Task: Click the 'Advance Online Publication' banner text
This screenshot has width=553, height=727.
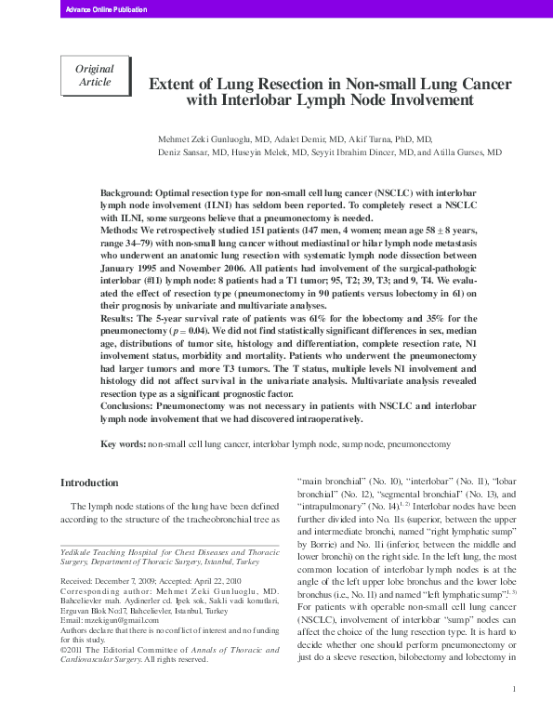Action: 99,8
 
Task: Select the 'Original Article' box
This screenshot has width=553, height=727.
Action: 94,75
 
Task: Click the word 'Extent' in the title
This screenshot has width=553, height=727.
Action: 175,85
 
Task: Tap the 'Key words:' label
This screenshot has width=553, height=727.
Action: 123,446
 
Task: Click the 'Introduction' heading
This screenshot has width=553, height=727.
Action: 89,482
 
